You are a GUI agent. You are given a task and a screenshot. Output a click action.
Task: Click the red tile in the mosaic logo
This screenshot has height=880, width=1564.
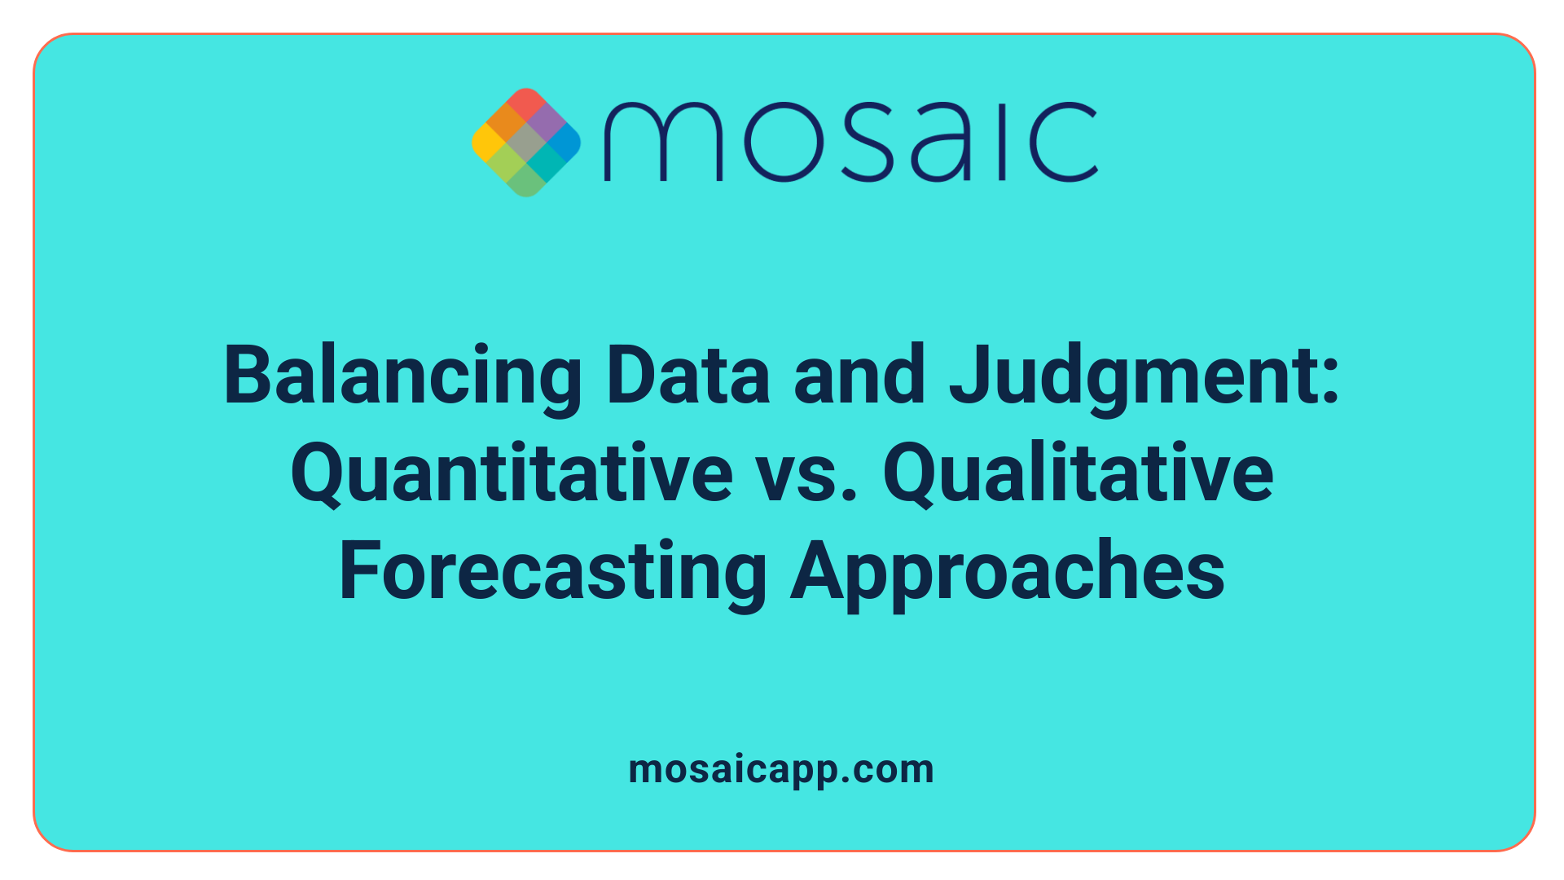526,103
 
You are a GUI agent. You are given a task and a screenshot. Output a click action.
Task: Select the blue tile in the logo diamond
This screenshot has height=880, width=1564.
564,143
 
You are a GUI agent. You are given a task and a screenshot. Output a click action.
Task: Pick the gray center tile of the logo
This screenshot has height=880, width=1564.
526,143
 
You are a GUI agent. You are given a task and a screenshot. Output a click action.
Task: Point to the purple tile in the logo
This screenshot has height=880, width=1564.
545,123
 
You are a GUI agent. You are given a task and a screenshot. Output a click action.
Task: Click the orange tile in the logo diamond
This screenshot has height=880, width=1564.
507,123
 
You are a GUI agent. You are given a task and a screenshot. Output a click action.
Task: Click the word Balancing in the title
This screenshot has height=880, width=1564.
402,376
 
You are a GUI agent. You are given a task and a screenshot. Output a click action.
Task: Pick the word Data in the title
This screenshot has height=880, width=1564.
688,376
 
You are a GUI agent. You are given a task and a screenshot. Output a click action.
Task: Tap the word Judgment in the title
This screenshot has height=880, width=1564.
1132,376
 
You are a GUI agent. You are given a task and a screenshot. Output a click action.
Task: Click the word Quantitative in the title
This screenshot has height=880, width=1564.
512,474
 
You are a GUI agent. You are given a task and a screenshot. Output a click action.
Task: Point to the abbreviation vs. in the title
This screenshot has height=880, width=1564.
807,474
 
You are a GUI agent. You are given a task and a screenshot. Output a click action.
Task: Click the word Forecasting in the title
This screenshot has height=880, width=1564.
552,572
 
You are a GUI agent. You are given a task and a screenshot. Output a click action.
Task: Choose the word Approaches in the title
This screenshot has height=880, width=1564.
1008,572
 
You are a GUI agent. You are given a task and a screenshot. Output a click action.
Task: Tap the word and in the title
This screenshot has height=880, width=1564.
859,376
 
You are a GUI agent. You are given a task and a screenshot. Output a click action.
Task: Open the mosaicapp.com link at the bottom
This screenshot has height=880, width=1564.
781,770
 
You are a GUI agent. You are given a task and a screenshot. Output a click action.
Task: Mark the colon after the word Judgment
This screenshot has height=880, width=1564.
1331,379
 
